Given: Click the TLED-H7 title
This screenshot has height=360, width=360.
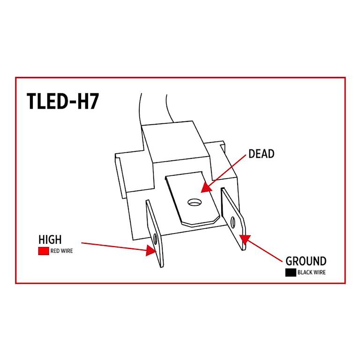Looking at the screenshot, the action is pos(63,101).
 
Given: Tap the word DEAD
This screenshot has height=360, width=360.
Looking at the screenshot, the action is pos(261,154).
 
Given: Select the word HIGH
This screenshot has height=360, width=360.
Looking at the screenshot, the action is pos(50,240).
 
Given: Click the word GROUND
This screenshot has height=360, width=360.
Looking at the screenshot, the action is pos(306,261).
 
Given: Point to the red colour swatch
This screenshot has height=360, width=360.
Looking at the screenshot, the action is pos(44,251).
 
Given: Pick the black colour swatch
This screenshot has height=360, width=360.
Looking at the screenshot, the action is pos(291,272).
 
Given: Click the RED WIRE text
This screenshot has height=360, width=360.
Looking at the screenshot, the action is pos(61,251).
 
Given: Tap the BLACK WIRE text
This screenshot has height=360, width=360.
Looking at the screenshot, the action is pos(312,272).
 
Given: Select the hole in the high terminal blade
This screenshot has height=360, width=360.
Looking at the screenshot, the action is pos(156,239).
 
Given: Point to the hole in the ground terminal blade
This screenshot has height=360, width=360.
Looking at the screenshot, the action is pos(233,222).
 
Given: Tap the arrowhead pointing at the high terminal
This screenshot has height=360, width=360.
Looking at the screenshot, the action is pos(151,250).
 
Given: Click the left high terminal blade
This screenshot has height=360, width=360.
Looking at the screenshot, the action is pos(155,233).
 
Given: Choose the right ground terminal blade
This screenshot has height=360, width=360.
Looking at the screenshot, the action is pos(233,219).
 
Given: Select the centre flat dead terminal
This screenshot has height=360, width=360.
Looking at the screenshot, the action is pos(192,199).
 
